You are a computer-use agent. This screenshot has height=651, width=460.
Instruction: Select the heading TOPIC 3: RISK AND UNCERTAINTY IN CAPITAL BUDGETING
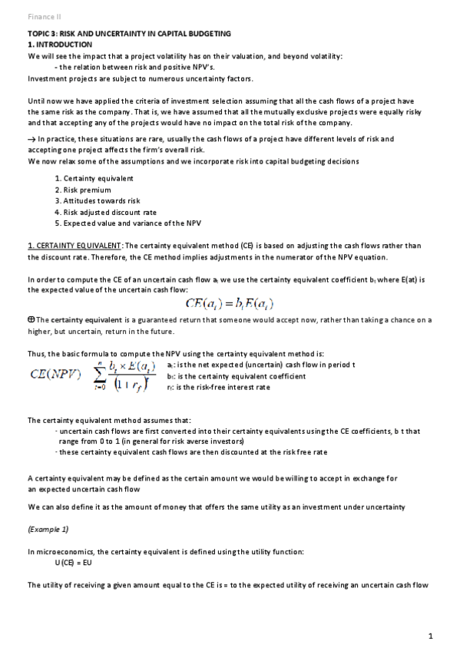tap(129, 35)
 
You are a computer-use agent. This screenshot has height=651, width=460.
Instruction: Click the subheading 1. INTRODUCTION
tap(60, 45)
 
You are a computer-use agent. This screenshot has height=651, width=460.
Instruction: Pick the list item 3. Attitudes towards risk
tap(97, 200)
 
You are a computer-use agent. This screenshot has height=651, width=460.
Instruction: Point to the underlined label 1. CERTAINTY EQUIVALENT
tap(74, 246)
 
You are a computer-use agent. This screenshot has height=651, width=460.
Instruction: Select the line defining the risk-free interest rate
tap(218, 388)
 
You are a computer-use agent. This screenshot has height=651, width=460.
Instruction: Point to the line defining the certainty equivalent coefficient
tap(236, 376)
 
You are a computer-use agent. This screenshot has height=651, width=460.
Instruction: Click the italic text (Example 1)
tap(48, 530)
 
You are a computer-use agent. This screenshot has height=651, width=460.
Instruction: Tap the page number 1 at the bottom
tap(431, 635)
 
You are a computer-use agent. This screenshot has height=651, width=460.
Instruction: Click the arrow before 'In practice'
tap(32, 140)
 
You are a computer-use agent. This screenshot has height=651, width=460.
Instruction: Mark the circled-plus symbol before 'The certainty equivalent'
tap(31, 319)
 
